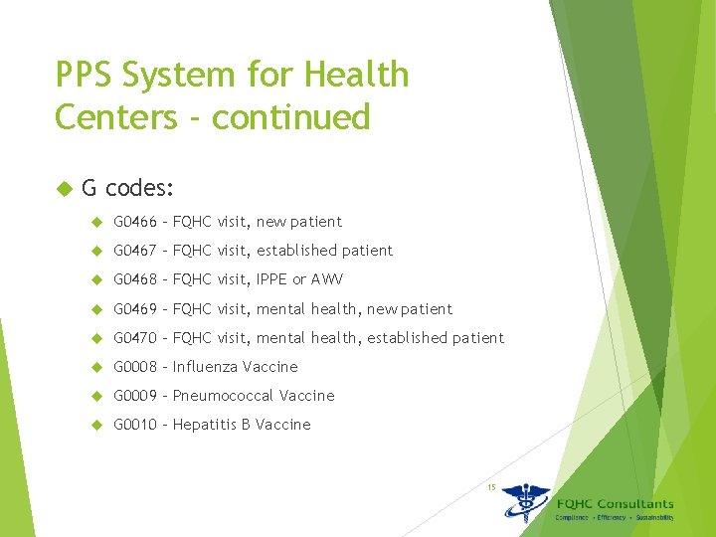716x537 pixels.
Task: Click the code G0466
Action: coord(134,222)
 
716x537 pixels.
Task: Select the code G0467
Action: coord(134,251)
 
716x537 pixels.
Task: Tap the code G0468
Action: coord(134,279)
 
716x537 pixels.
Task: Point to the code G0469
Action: coord(134,309)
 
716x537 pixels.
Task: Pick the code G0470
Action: coord(134,338)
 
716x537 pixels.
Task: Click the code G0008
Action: coord(134,367)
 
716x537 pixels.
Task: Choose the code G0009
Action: coord(134,396)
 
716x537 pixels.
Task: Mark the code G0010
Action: coord(134,425)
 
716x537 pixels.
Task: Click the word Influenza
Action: coord(206,367)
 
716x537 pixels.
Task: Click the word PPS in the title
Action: coord(87,75)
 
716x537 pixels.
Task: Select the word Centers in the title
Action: coord(109,117)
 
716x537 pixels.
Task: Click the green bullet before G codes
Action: coord(65,187)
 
